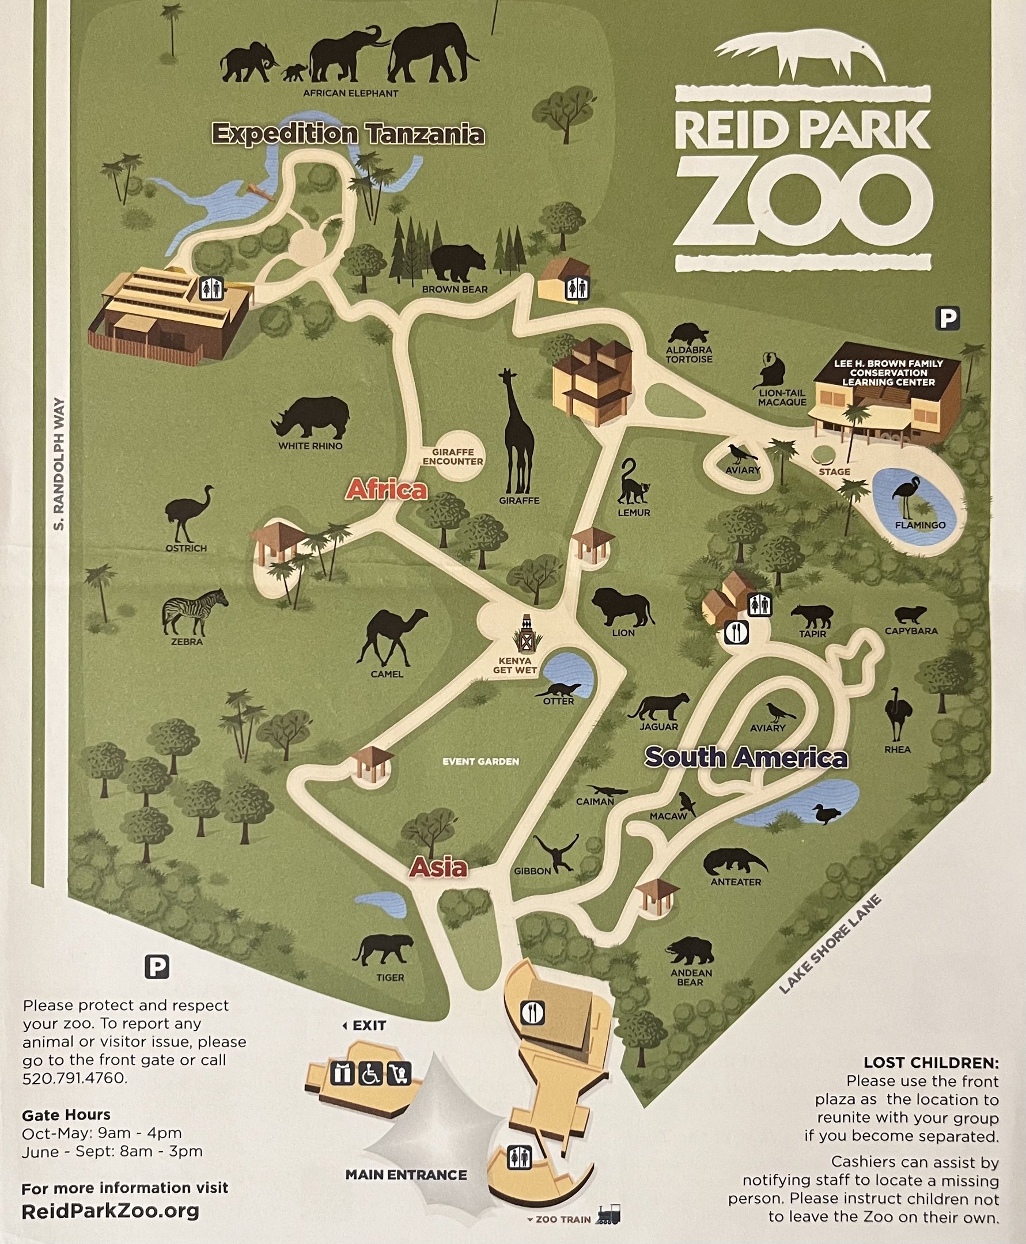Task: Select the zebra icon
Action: pos(195,611)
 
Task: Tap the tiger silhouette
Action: pos(383,949)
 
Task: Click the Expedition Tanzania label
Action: pos(348,134)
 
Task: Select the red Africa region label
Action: pos(387,490)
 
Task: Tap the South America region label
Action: pos(746,757)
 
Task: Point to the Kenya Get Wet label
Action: pos(515,665)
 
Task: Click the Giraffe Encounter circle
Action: pos(453,457)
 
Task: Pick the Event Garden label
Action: pos(480,761)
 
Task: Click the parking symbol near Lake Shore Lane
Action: pos(947,319)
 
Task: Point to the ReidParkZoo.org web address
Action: pos(110,1211)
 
